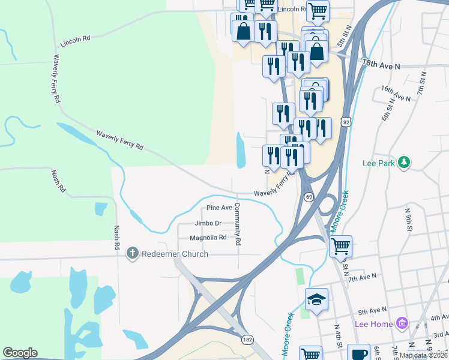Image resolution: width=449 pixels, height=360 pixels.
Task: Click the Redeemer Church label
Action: pyautogui.click(x=175, y=254)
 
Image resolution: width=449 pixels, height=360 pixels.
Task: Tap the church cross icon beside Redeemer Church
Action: pyautogui.click(x=133, y=254)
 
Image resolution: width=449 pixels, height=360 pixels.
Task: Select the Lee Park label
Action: pyautogui.click(x=381, y=163)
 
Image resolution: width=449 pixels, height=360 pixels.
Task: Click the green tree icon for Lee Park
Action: pyautogui.click(x=405, y=163)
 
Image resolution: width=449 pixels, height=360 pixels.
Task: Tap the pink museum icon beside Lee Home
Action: pyautogui.click(x=402, y=324)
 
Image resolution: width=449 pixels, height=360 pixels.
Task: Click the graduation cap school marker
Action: pyautogui.click(x=316, y=299)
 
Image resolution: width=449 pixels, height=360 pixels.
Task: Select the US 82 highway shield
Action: pyautogui.click(x=345, y=122)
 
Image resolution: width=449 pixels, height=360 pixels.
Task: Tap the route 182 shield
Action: pyautogui.click(x=247, y=340)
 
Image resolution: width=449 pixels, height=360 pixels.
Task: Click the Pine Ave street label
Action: pyautogui.click(x=219, y=208)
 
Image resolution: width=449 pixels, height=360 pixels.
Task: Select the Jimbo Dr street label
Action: pyautogui.click(x=208, y=223)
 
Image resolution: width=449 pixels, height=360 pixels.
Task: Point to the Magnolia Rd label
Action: pyautogui.click(x=208, y=238)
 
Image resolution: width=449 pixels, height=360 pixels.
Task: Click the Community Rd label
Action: pyautogui.click(x=238, y=224)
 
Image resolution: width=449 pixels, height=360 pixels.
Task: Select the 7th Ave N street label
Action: pyautogui.click(x=362, y=278)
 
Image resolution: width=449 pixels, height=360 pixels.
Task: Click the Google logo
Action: pyautogui.click(x=20, y=353)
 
